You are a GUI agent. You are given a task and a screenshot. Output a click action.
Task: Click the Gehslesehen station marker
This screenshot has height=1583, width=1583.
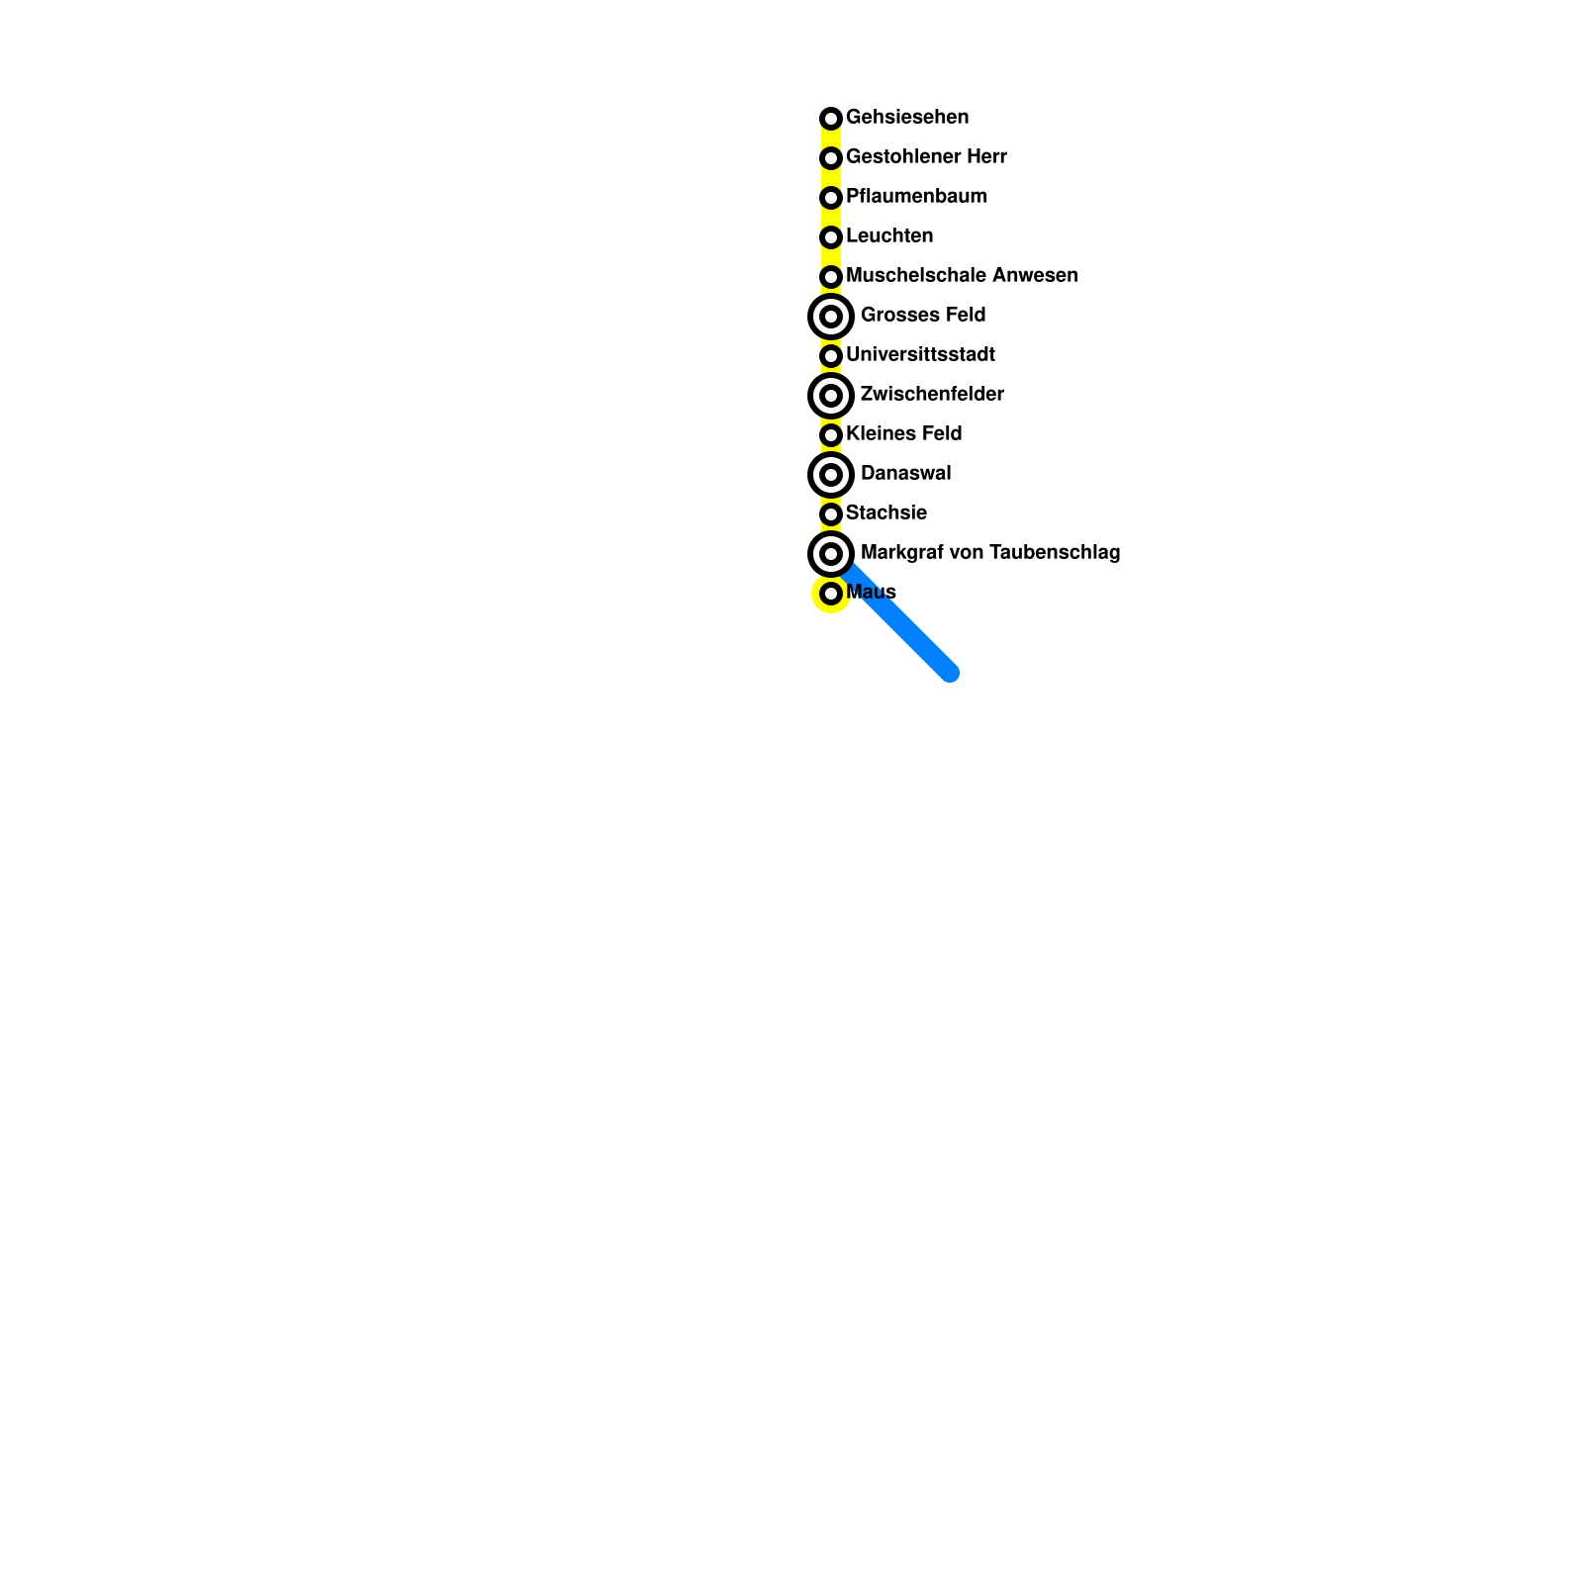(x=831, y=119)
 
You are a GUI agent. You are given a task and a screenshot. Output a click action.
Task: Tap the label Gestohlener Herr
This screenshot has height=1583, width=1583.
(x=926, y=156)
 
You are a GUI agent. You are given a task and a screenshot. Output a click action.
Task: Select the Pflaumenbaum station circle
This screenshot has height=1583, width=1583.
(x=831, y=198)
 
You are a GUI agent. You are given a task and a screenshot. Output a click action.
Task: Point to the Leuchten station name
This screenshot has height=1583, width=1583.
(x=889, y=235)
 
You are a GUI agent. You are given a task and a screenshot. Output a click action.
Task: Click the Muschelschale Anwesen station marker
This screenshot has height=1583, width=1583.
(x=831, y=277)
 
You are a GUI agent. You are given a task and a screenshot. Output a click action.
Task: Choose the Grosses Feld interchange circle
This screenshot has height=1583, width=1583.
(x=831, y=317)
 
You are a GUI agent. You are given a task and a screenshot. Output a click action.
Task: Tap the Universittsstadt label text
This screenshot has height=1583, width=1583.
(x=920, y=354)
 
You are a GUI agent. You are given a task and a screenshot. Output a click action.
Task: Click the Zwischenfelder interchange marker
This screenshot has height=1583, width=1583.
(x=831, y=396)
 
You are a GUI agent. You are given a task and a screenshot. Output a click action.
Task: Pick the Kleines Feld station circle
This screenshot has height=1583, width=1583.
(x=831, y=435)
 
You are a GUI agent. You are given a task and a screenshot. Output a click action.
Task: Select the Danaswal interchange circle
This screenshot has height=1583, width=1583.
(x=831, y=475)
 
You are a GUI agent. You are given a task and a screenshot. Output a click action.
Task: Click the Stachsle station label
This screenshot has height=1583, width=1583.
(x=886, y=512)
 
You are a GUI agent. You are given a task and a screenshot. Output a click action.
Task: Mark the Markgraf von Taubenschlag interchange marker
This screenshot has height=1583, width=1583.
(x=831, y=554)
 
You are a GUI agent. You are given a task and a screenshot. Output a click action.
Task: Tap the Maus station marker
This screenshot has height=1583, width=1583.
(x=831, y=594)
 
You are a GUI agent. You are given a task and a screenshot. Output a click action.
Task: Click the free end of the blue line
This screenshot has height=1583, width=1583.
(x=950, y=673)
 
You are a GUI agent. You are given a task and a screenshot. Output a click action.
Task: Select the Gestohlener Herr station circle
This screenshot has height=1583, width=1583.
(x=831, y=158)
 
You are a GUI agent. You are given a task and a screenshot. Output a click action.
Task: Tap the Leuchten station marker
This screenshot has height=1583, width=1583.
(x=831, y=237)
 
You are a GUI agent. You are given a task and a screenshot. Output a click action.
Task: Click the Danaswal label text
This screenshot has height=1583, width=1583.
(x=905, y=473)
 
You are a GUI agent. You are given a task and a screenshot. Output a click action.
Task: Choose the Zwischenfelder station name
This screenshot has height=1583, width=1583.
(x=932, y=394)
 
